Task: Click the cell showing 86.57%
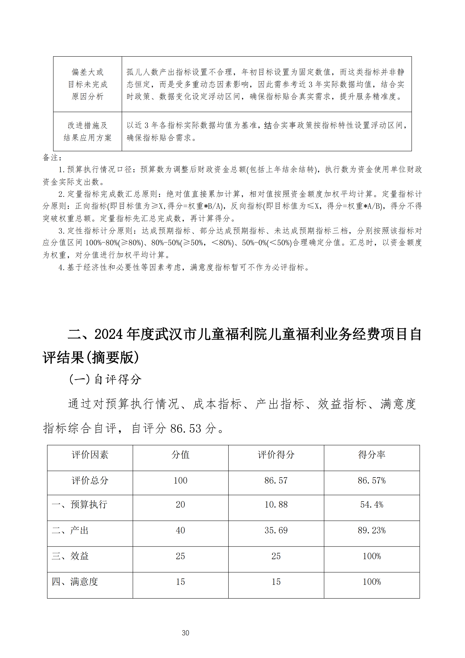(371, 480)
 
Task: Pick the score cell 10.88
(276, 505)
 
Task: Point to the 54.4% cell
(371, 505)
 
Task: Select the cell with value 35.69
(276, 530)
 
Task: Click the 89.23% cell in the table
(371, 530)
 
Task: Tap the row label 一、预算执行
(80, 505)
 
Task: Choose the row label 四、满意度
(75, 582)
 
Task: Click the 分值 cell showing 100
(180, 480)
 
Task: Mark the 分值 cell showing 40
(180, 530)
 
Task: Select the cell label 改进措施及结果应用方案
(87, 132)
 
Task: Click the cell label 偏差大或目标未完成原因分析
(87, 84)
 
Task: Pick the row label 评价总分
(90, 480)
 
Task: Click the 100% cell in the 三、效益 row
(371, 556)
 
